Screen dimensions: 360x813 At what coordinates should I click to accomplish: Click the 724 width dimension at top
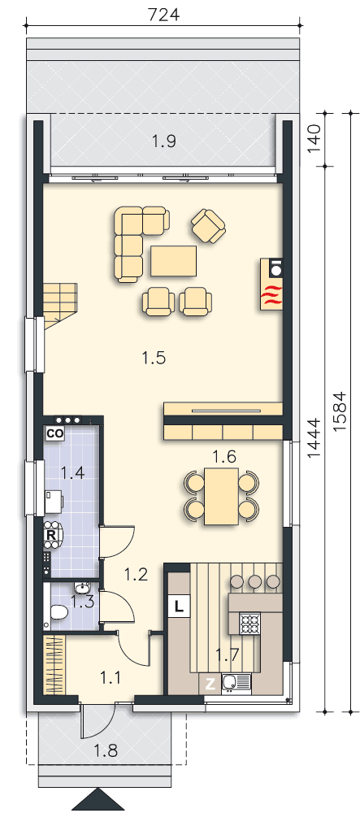(x=163, y=14)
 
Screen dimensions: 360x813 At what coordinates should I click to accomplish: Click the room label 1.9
(x=163, y=141)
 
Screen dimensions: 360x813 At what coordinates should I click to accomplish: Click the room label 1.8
(x=106, y=750)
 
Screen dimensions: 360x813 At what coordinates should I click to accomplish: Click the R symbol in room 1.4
(x=51, y=533)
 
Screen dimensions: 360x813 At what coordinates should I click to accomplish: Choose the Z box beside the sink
(x=210, y=684)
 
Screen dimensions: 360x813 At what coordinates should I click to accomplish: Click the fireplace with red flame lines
(x=272, y=284)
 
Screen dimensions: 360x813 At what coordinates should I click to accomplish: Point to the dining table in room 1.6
(x=221, y=496)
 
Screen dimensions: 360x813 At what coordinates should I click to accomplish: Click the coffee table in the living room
(x=174, y=261)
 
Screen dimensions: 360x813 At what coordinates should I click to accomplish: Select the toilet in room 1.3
(x=57, y=614)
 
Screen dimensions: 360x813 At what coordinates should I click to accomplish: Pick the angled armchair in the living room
(x=208, y=226)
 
